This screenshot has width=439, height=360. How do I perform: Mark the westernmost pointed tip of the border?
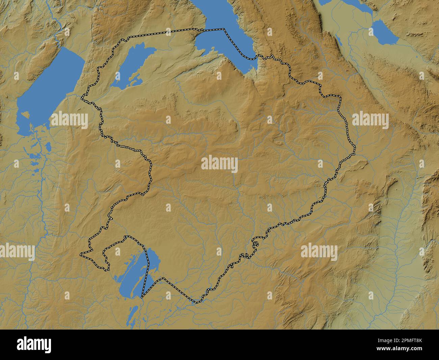80,254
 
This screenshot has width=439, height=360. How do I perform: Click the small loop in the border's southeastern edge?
256,244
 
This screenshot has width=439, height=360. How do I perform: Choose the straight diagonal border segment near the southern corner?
179,289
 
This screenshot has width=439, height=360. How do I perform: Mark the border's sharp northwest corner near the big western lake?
82,99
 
